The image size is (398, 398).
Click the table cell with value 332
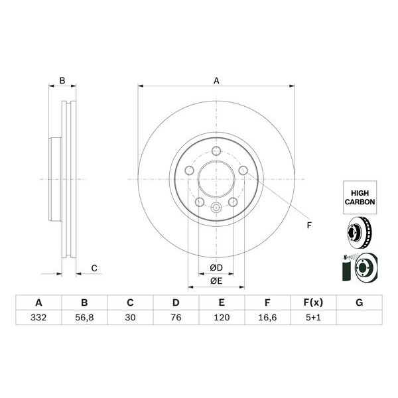(x=38, y=317)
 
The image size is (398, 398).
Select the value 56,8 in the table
(x=84, y=317)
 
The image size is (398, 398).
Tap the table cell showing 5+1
(x=313, y=317)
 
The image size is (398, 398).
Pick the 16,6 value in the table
(x=267, y=317)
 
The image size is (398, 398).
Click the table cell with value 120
(x=221, y=317)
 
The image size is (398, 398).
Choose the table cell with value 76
(x=175, y=317)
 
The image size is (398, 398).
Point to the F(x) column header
(x=313, y=302)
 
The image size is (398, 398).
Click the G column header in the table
(x=359, y=302)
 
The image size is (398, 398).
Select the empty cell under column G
(x=359, y=317)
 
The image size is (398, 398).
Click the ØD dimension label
(x=216, y=267)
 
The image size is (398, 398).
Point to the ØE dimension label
(x=216, y=281)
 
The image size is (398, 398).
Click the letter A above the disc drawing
(x=216, y=81)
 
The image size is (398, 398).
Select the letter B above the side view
(x=62, y=81)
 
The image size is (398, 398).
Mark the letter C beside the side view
(x=94, y=268)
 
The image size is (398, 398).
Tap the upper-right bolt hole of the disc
(x=243, y=171)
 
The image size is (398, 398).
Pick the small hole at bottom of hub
(x=216, y=209)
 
